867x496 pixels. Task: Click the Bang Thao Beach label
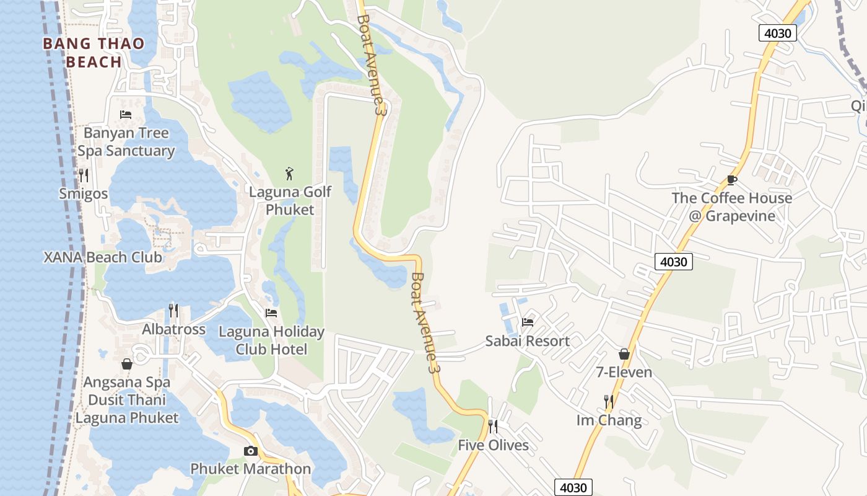click(94, 53)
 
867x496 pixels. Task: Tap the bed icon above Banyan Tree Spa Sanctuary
click(126, 115)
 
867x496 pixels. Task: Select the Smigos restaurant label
click(83, 194)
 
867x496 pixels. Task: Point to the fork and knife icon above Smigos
click(84, 175)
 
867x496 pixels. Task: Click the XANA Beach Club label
click(103, 257)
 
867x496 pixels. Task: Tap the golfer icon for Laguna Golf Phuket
click(289, 174)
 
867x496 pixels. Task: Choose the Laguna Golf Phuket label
click(290, 201)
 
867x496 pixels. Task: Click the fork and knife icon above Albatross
click(174, 310)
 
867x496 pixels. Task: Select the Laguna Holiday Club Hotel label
click(271, 340)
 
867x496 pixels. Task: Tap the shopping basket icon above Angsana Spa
click(127, 364)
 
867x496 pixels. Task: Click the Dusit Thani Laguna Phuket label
click(127, 409)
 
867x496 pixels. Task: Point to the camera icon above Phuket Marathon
click(250, 451)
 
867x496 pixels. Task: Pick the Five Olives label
click(494, 445)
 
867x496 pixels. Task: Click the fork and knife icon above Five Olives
click(493, 427)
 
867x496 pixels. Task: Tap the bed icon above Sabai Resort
click(528, 322)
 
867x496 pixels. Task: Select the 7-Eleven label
click(624, 372)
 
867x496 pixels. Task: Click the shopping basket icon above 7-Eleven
click(624, 354)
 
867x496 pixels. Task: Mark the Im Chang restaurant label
click(609, 420)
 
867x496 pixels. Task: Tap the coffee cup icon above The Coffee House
click(732, 180)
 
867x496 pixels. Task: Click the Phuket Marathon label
click(250, 469)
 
